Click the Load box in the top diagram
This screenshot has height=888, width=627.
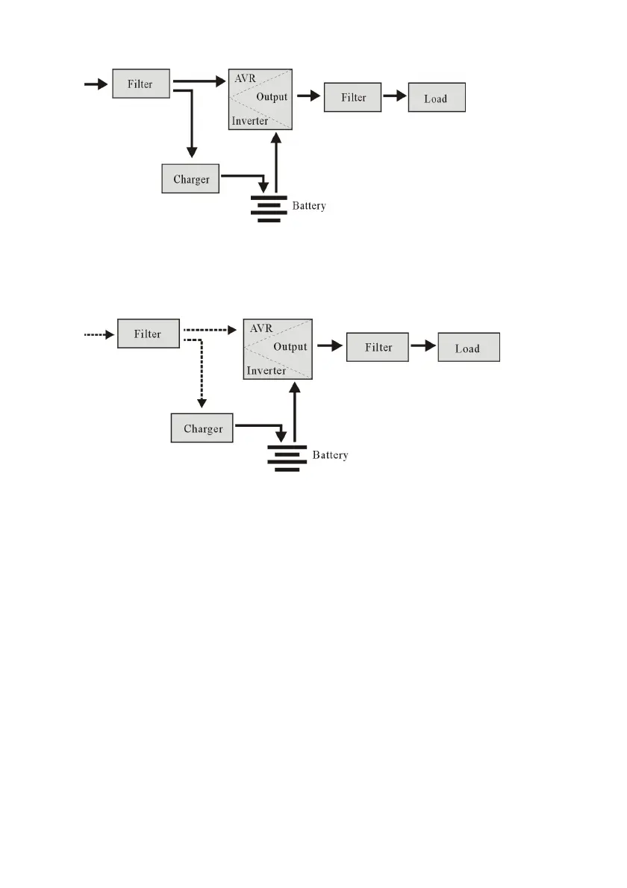pos(437,99)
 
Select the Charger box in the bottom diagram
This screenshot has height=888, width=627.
pos(202,429)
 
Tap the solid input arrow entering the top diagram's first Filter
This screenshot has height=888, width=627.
pos(96,84)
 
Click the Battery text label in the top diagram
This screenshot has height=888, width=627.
pos(308,205)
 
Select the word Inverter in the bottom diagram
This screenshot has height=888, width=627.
pos(266,370)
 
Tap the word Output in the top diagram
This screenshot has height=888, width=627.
pos(271,97)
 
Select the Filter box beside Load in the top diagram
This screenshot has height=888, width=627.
pos(354,98)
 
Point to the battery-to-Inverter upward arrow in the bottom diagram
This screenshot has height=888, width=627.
pos(296,414)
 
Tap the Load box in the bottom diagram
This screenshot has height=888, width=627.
pos(468,348)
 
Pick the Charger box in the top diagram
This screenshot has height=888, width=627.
pos(190,179)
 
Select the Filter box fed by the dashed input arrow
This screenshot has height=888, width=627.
pos(148,334)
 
